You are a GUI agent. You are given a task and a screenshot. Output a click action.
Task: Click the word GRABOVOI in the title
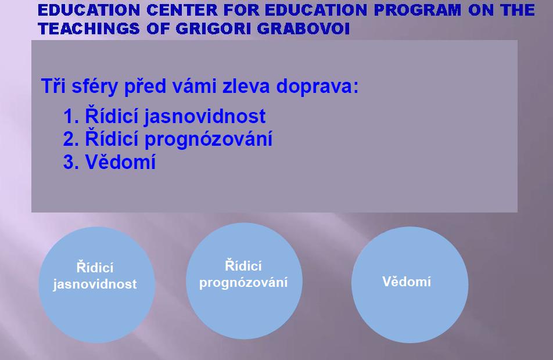click(303, 28)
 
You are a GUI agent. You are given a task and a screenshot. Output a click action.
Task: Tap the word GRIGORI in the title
click(213, 28)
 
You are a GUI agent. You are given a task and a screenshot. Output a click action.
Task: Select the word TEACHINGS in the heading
click(89, 28)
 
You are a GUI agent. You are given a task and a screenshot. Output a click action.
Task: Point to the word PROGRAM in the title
click(417, 10)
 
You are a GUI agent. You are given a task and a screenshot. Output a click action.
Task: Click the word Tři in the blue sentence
click(53, 86)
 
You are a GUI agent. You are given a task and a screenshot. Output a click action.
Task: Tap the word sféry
click(95, 87)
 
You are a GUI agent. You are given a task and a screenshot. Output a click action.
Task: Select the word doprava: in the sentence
click(317, 87)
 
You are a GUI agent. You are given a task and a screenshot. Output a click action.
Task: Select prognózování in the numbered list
click(209, 139)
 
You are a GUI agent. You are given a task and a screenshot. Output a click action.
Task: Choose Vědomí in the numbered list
click(120, 161)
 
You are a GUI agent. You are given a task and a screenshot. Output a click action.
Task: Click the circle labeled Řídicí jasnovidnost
click(96, 285)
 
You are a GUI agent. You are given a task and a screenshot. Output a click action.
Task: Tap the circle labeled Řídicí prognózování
click(244, 281)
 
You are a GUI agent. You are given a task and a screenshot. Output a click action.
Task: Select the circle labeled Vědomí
click(410, 285)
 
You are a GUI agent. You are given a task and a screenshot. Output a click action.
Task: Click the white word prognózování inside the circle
click(243, 283)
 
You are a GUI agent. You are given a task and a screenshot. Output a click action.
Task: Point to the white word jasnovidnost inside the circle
click(95, 284)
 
